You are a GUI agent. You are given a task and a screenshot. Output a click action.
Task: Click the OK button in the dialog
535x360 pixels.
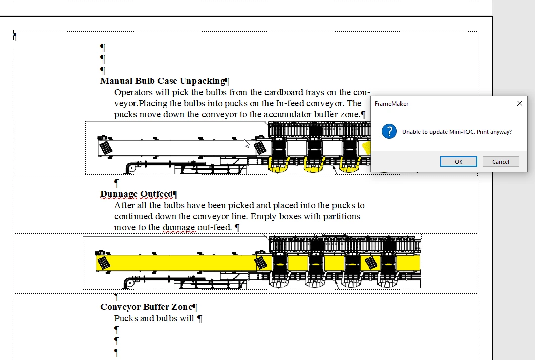click(458, 161)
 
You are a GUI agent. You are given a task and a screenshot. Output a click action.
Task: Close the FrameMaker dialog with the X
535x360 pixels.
click(520, 103)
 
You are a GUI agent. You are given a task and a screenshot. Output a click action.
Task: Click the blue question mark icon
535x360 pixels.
click(389, 131)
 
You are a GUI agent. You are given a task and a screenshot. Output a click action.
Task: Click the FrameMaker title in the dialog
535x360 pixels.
click(391, 104)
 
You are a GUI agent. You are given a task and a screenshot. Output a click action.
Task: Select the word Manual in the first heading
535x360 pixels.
click(116, 81)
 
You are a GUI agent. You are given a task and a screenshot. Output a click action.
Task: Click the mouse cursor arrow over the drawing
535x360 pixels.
click(246, 144)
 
